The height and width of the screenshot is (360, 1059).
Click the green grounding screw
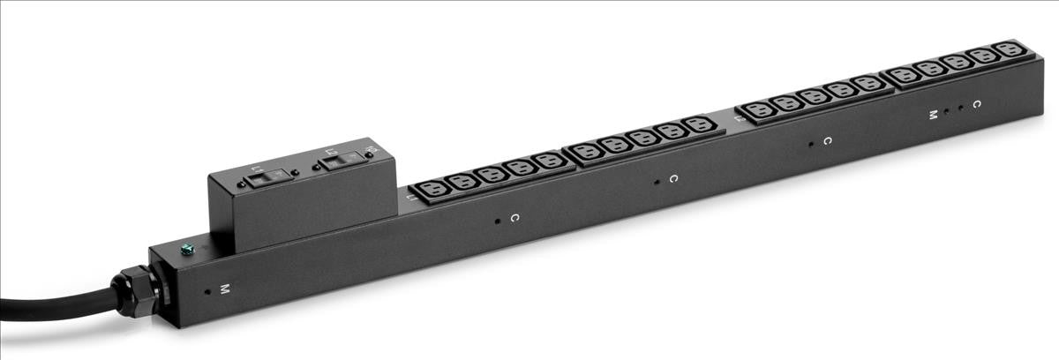click(x=186, y=250)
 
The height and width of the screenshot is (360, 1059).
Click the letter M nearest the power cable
click(x=224, y=289)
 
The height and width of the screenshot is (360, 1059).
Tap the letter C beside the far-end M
click(x=976, y=104)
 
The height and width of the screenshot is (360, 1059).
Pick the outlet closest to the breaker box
click(x=432, y=188)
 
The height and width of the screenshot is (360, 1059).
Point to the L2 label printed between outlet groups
click(x=735, y=116)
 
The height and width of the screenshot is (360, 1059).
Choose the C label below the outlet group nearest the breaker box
click(x=514, y=216)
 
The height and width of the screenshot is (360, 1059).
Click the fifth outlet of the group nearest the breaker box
click(x=549, y=161)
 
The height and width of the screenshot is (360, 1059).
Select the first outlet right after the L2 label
click(x=758, y=111)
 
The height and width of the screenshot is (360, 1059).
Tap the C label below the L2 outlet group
click(x=827, y=140)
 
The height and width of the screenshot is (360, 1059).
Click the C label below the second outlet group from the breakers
click(x=672, y=178)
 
